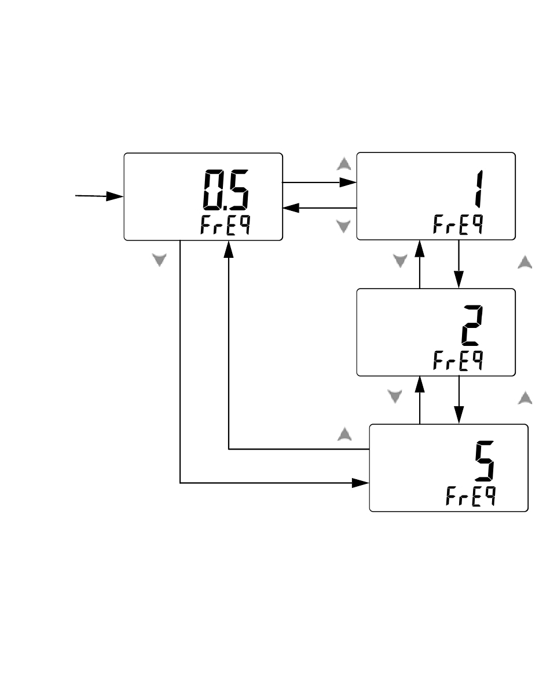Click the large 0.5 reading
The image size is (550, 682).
click(x=225, y=190)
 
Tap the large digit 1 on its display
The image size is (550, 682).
click(x=478, y=188)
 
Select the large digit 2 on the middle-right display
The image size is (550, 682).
click(x=472, y=325)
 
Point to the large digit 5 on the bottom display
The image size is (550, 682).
click(x=485, y=461)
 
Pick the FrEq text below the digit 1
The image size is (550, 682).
click(x=458, y=225)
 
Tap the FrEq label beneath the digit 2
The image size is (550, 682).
click(x=458, y=360)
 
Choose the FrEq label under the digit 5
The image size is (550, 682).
click(x=471, y=496)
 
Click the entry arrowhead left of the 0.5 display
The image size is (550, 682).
click(x=115, y=196)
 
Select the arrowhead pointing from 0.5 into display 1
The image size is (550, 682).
click(x=348, y=183)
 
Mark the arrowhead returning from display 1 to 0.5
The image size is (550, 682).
click(x=291, y=208)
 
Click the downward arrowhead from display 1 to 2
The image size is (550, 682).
click(x=459, y=279)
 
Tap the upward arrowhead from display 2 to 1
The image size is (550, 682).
click(x=420, y=249)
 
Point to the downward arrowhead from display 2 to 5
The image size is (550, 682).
click(x=459, y=415)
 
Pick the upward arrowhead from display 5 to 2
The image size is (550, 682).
click(x=420, y=385)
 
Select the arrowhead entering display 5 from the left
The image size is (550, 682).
click(x=361, y=483)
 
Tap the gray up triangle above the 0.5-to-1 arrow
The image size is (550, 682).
click(x=344, y=164)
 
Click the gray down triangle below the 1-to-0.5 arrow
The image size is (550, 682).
click(x=344, y=226)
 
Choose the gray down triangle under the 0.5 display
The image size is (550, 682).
click(x=159, y=260)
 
